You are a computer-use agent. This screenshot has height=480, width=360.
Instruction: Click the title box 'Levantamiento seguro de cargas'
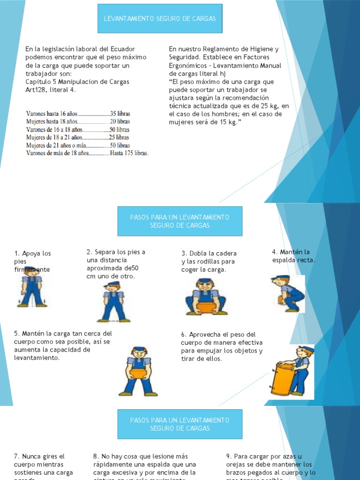(x=160, y=19)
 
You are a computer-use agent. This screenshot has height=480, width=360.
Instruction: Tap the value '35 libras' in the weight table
(x=120, y=113)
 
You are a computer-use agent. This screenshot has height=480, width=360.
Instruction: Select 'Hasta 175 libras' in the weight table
(x=129, y=153)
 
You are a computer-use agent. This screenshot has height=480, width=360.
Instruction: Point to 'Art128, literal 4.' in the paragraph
(x=51, y=90)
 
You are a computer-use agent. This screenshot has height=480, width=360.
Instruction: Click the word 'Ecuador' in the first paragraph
(x=122, y=49)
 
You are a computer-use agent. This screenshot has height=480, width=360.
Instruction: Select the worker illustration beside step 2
(x=113, y=302)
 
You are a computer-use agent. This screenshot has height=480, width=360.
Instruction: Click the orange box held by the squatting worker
(x=205, y=307)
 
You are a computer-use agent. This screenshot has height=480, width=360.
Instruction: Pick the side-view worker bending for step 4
(x=287, y=293)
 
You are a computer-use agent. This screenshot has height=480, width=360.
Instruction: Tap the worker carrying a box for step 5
(x=138, y=372)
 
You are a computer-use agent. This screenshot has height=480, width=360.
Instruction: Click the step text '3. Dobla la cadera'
(x=209, y=254)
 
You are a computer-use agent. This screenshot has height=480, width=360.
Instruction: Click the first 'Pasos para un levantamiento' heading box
(x=180, y=221)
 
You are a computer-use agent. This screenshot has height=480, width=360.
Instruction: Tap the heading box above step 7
(x=180, y=424)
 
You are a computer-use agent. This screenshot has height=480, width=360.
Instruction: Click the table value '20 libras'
(x=120, y=121)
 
